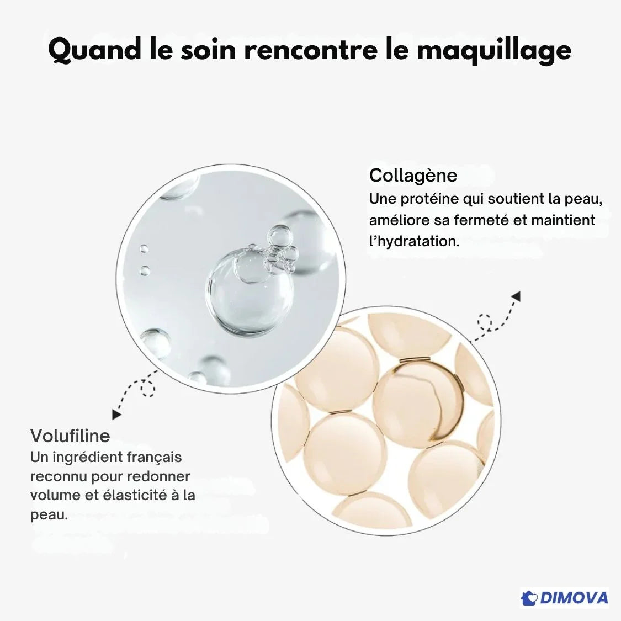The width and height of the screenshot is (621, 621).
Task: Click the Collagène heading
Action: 413,176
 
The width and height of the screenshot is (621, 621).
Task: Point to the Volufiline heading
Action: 70,436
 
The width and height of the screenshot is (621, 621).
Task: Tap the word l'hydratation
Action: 414,241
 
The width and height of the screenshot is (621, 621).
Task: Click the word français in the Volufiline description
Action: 154,457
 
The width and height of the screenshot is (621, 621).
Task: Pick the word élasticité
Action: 135,495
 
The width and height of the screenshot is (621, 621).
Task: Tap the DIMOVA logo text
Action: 574,598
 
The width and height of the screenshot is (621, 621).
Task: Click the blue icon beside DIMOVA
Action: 529,598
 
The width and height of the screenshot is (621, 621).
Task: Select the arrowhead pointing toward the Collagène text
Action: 516,296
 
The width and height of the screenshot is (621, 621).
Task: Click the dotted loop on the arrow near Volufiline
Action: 148,389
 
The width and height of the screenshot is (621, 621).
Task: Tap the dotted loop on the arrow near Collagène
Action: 484,321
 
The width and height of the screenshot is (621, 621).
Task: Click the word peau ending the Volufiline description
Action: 47,514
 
